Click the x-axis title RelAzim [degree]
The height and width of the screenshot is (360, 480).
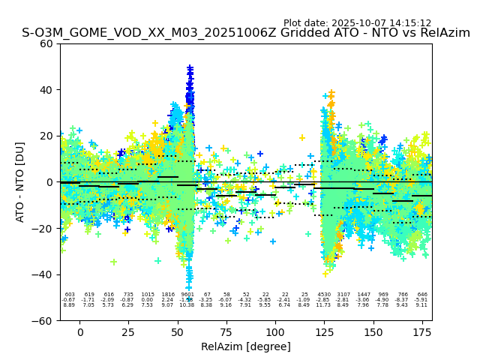(x=246, y=347)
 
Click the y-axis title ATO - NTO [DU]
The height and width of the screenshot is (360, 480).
(x=20, y=181)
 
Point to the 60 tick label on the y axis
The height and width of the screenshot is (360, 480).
(x=46, y=43)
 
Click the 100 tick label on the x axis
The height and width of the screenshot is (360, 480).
(x=275, y=332)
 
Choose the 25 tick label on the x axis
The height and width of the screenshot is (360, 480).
(x=129, y=332)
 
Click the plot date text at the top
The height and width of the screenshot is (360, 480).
(x=357, y=23)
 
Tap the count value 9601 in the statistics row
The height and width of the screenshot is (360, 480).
(x=187, y=295)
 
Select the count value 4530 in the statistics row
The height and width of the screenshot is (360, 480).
(x=324, y=295)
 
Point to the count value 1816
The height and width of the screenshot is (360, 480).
(x=167, y=295)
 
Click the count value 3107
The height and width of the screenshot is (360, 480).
(x=343, y=295)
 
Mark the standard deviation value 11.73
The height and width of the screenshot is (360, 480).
(x=323, y=305)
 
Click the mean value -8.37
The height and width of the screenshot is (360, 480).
(x=402, y=300)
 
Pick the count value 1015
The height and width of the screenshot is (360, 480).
(x=148, y=295)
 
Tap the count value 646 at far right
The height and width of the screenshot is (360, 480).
(x=422, y=295)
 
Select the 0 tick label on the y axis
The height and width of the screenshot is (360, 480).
(x=49, y=182)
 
